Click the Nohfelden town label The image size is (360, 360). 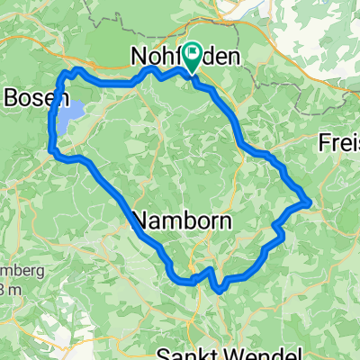pyautogui.click(x=184, y=57)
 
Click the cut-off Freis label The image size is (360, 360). pyautogui.click(x=340, y=142)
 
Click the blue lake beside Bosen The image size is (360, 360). pyautogui.click(x=73, y=112)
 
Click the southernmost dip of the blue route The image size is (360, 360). pyautogui.click(x=219, y=290)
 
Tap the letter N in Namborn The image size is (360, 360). pyautogui.click(x=141, y=220)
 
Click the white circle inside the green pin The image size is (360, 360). pyautogui.click(x=193, y=53)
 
